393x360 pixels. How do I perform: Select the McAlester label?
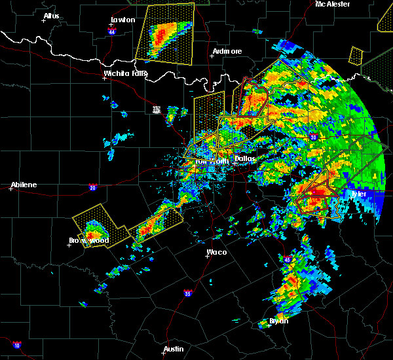pyautogui.click(x=332, y=4)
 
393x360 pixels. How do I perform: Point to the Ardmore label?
pyautogui.click(x=227, y=51)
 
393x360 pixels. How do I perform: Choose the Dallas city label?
pyautogui.click(x=244, y=158)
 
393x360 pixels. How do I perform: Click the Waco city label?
pyautogui.click(x=217, y=251)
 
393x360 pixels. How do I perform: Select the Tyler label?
pyautogui.click(x=358, y=194)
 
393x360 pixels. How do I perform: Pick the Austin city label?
pyautogui.click(x=174, y=349)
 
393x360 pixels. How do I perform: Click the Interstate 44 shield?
pyautogui.click(x=113, y=31)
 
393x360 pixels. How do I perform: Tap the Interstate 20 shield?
pyautogui.click(x=92, y=187)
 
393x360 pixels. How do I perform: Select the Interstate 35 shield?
pyautogui.click(x=188, y=293)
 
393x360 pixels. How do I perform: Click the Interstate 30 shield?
pyautogui.click(x=313, y=137)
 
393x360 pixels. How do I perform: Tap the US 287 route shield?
pyautogui.click(x=156, y=109)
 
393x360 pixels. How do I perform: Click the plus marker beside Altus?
pyautogui.click(x=44, y=20)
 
